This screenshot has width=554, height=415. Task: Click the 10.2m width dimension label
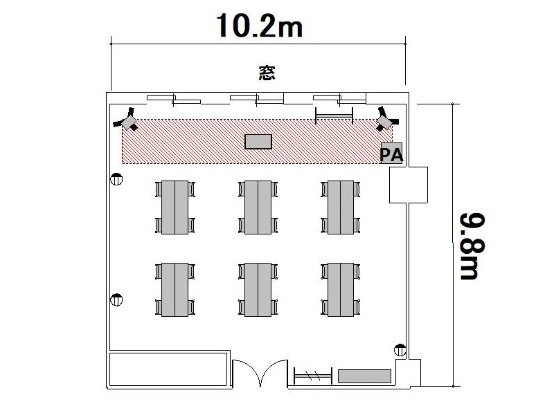tap(259, 26)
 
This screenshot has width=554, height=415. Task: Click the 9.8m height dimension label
tap(472, 246)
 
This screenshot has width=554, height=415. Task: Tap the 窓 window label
tap(267, 73)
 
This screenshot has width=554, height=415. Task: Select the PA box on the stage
tap(391, 153)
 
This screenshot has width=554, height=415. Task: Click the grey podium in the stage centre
tap(258, 142)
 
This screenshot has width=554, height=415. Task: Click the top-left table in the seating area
tap(175, 207)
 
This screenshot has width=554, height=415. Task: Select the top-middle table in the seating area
tap(258, 207)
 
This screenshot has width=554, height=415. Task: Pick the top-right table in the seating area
tap(341, 207)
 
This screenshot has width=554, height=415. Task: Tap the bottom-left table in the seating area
tap(175, 289)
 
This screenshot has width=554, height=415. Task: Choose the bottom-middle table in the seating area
tap(258, 289)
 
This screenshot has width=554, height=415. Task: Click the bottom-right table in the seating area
tap(341, 289)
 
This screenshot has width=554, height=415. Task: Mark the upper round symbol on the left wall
tap(116, 179)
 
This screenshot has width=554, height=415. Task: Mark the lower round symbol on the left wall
tap(116, 299)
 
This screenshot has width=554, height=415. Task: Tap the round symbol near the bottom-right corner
tap(400, 350)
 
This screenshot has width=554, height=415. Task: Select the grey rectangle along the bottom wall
tap(365, 376)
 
